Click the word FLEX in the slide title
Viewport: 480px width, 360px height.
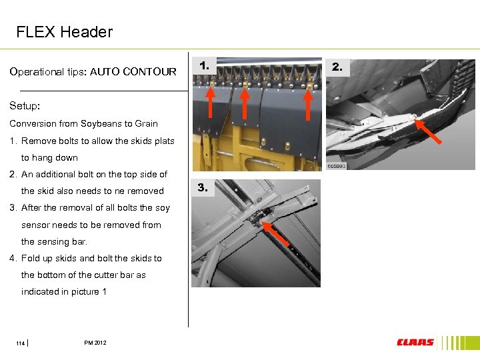pyautogui.click(x=36, y=32)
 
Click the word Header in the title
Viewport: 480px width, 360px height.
pyautogui.click(x=87, y=32)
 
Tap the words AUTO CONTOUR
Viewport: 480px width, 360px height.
pyautogui.click(x=133, y=72)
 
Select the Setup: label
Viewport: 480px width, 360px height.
pyautogui.click(x=25, y=106)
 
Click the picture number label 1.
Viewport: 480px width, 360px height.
pyautogui.click(x=204, y=65)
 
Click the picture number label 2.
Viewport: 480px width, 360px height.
pyautogui.click(x=337, y=67)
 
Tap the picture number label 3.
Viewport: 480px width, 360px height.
pyautogui.click(x=203, y=187)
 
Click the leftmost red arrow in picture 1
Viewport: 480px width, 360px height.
pyautogui.click(x=210, y=102)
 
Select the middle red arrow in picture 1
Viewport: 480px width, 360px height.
pyautogui.click(x=245, y=103)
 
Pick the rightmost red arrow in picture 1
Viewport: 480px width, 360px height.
pyautogui.click(x=308, y=104)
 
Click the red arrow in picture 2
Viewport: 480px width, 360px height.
pyautogui.click(x=428, y=131)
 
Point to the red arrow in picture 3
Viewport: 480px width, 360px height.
pyautogui.click(x=275, y=234)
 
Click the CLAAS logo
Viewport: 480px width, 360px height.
pyautogui.click(x=415, y=342)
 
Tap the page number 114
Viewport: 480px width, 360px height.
pyautogui.click(x=20, y=343)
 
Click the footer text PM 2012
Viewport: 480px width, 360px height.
pyautogui.click(x=95, y=343)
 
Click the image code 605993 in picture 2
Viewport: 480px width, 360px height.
pyautogui.click(x=337, y=166)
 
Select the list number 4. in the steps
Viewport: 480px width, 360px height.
pyautogui.click(x=13, y=259)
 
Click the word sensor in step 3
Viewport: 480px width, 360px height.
pyautogui.click(x=35, y=225)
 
